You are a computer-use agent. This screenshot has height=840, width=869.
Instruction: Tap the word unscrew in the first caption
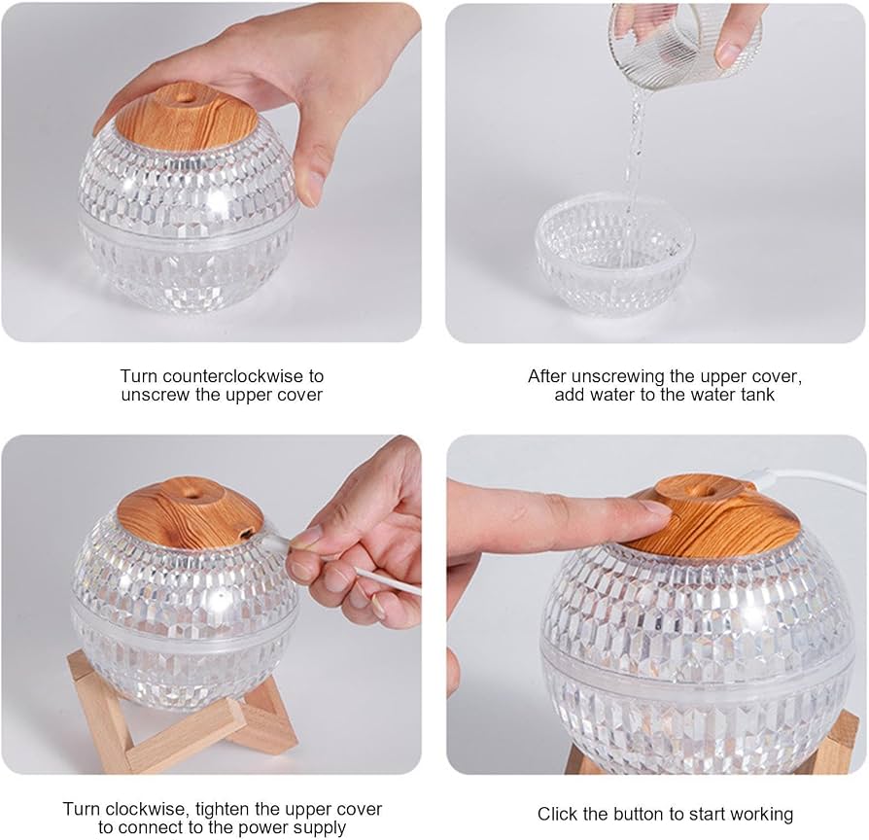pos(156,396)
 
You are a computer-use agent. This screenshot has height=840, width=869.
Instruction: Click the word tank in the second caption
pos(757,396)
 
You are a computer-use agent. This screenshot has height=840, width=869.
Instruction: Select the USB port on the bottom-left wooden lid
pos(245,533)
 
